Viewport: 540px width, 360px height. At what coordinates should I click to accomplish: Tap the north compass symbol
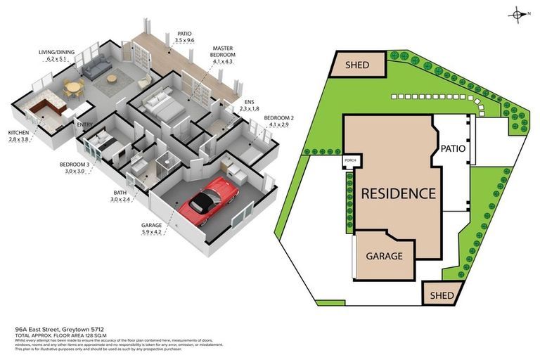pyautogui.click(x=519, y=13)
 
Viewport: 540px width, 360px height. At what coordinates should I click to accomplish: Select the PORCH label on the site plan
pyautogui.click(x=349, y=162)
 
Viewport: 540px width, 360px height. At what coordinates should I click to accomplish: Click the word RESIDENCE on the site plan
pyautogui.click(x=398, y=193)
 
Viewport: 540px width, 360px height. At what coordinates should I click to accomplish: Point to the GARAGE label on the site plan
pyautogui.click(x=384, y=256)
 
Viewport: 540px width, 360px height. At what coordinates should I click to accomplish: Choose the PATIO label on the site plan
pyautogui.click(x=454, y=149)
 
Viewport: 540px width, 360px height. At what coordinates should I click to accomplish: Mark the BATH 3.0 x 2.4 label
pyautogui.click(x=122, y=195)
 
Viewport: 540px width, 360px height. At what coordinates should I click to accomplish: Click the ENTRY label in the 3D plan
pyautogui.click(x=85, y=125)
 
